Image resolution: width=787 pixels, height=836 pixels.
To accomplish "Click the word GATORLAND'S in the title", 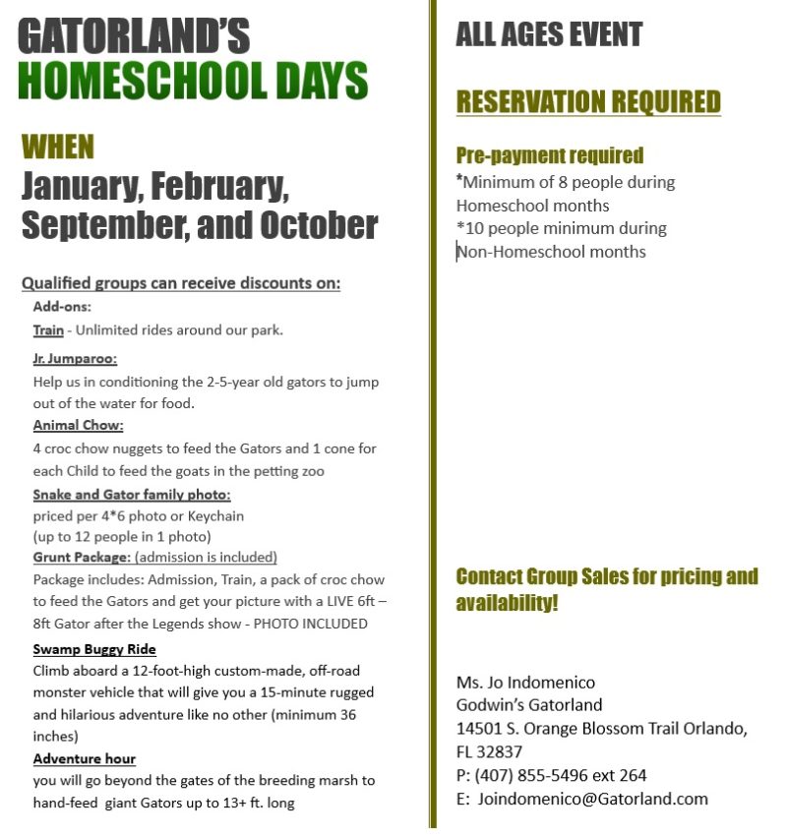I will [134, 37].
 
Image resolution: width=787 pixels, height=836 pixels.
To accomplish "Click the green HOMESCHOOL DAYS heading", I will [193, 81].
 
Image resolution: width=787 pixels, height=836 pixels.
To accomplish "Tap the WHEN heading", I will [58, 148].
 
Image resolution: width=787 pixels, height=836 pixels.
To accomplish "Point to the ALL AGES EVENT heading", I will [548, 35].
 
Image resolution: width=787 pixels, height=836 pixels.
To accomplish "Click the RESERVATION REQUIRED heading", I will [588, 101].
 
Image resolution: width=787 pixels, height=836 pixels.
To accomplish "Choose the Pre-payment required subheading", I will [549, 155].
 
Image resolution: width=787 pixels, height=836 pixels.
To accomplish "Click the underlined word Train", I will [48, 329].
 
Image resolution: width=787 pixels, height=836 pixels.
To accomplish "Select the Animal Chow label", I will [78, 426].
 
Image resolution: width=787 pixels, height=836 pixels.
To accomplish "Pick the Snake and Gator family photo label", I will [132, 494].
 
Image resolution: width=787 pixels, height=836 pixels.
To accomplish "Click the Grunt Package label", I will [82, 557].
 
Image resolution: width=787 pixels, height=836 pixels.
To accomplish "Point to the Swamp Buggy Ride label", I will [94, 649].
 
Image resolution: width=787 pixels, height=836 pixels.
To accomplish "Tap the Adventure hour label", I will [84, 758].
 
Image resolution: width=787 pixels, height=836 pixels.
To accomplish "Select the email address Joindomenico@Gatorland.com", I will [592, 799].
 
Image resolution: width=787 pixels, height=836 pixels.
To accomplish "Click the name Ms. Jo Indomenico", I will [525, 682].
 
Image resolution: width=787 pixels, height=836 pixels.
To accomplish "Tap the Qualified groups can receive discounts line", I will [181, 284].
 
